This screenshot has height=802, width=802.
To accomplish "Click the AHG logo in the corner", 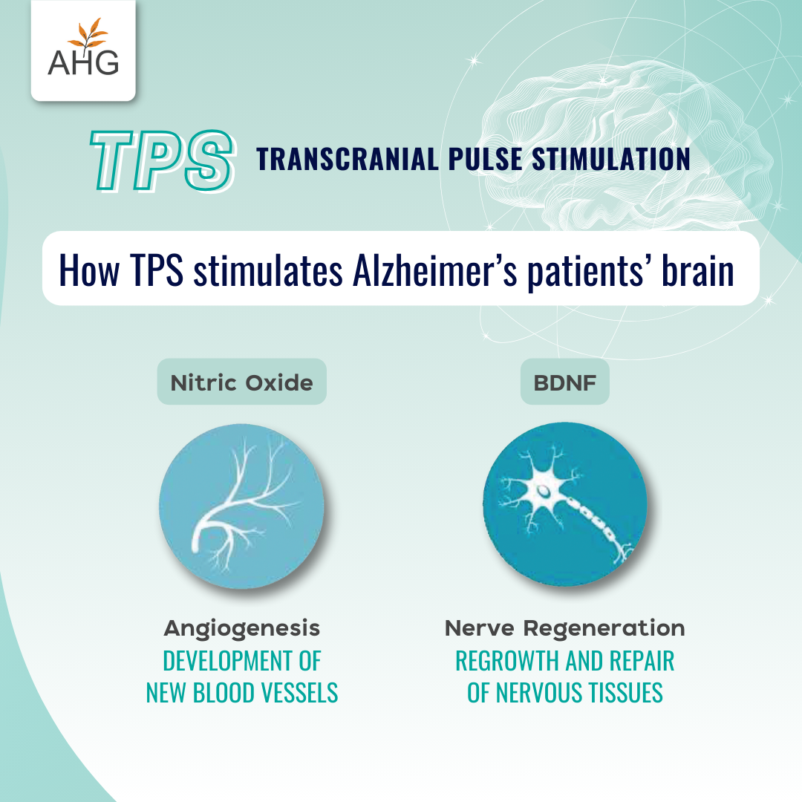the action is pyautogui.click(x=83, y=50).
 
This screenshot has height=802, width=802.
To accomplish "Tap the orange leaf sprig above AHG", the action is pyautogui.click(x=88, y=33).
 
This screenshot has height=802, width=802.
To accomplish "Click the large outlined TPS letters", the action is pyautogui.click(x=162, y=160).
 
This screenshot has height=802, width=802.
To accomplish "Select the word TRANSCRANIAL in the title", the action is pyautogui.click(x=348, y=159).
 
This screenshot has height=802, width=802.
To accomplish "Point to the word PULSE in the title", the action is pyautogui.click(x=486, y=159).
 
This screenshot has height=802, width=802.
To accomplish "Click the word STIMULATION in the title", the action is pyautogui.click(x=611, y=159).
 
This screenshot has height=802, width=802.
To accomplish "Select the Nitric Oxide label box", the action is pyautogui.click(x=241, y=382).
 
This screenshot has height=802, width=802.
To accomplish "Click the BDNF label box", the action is pyautogui.click(x=564, y=382).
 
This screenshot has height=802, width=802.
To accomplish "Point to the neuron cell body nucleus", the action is pyautogui.click(x=544, y=492).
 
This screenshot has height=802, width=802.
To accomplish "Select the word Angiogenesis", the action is pyautogui.click(x=242, y=629).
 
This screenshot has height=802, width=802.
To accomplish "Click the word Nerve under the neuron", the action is pyautogui.click(x=479, y=628).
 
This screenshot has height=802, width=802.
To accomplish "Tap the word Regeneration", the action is pyautogui.click(x=604, y=629).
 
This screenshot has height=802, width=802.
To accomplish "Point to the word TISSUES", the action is pyautogui.click(x=625, y=693).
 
